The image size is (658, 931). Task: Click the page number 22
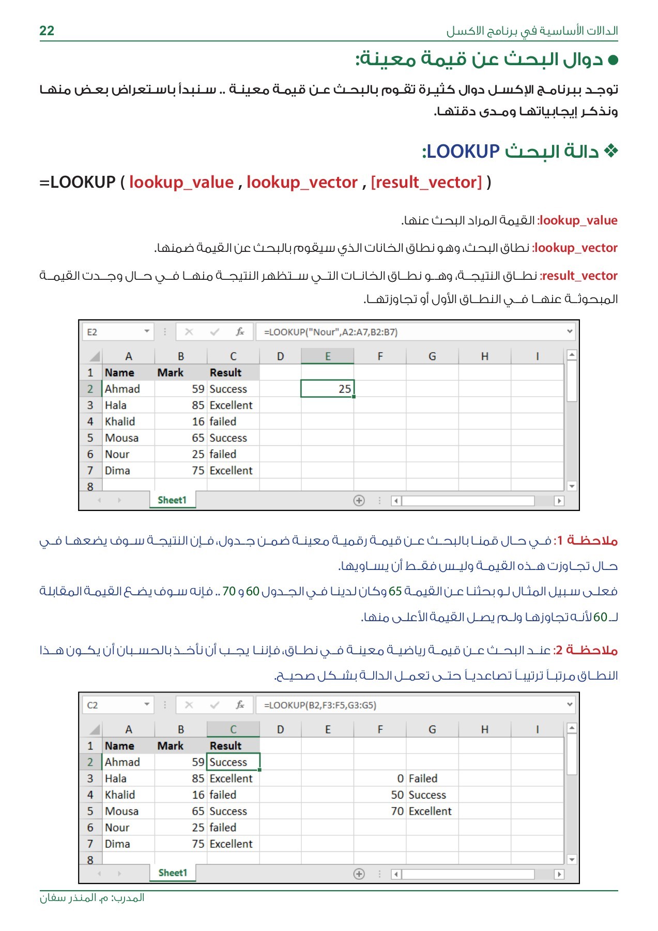click(47, 31)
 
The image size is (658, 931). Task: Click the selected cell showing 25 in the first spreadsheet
click(327, 389)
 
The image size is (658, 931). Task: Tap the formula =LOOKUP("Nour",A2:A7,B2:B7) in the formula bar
click(331, 332)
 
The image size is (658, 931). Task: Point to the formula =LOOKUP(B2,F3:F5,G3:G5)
click(320, 705)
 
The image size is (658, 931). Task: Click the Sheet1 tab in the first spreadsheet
click(172, 500)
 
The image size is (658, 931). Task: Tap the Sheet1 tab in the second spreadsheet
click(173, 873)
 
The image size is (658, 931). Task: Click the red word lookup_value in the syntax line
click(181, 182)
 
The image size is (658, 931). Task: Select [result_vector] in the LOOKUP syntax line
click(426, 182)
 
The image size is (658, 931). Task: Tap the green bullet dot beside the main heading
click(613, 60)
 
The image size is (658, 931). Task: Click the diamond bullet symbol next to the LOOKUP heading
click(611, 151)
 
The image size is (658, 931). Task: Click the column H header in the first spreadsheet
click(484, 356)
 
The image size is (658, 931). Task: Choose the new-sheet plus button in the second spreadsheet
click(359, 874)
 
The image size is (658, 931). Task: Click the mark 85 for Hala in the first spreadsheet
click(198, 406)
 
